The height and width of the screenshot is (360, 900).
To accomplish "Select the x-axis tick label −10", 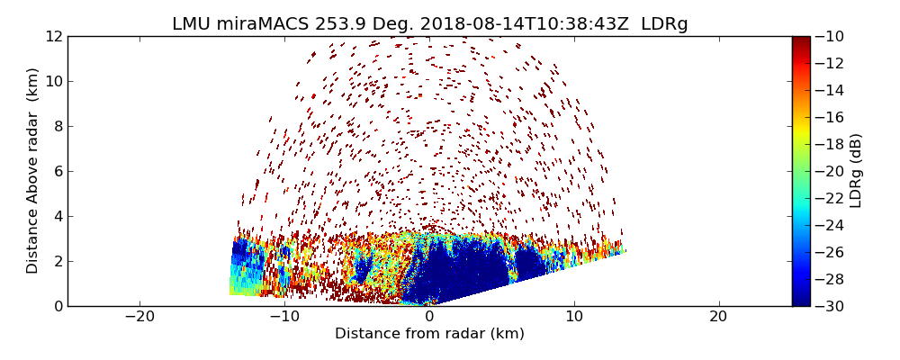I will coord(283,317).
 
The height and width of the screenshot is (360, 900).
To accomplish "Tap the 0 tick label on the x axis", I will coord(429,317).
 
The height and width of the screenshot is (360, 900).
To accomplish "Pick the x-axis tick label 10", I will coord(574,317).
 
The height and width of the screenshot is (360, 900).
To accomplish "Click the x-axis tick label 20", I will coord(719,317).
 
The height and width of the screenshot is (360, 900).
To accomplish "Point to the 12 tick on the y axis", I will coord(54,37).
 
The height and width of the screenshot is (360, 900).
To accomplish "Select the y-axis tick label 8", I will coord(58,126).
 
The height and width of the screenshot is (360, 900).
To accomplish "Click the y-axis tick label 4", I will coord(58,216).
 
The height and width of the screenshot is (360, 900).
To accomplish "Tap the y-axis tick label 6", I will coord(58,171).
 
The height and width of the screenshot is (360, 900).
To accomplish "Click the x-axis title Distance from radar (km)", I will coord(429,334).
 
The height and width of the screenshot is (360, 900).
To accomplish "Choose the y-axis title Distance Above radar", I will coord(33,170).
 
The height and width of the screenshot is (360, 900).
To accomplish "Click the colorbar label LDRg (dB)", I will coord(856,170).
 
